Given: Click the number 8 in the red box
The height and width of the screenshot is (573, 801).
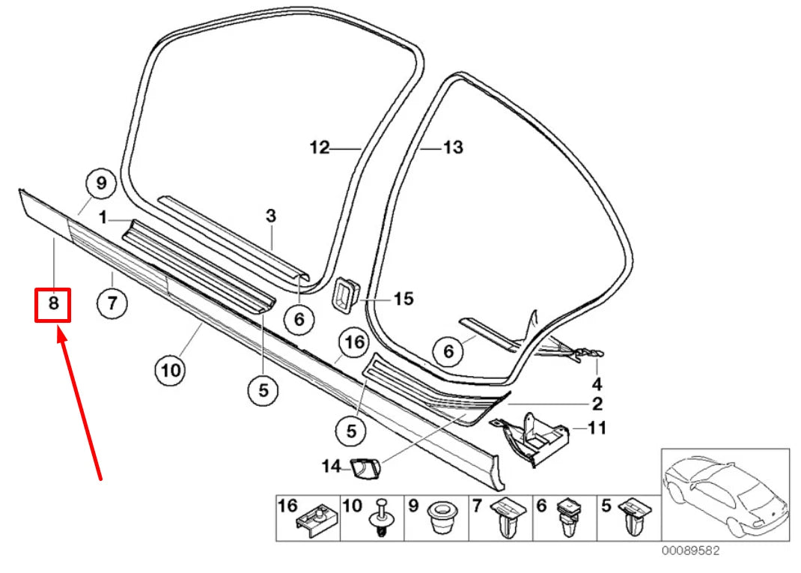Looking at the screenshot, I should (53, 304).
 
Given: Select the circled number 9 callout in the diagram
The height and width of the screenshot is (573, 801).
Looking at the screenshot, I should (101, 183).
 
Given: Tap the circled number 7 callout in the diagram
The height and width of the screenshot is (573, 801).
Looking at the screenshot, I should (112, 303).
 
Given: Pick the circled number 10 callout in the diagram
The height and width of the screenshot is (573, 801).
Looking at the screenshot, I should (170, 369).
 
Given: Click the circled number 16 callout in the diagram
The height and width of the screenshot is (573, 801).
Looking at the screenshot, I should (353, 343).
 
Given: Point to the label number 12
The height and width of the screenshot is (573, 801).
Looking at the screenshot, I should (320, 148).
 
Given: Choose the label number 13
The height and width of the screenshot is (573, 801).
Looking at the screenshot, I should (453, 148).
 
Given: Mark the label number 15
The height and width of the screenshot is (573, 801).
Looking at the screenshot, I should (403, 300).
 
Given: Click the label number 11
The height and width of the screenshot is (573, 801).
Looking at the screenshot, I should (597, 428).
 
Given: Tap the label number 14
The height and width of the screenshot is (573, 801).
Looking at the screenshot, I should (331, 467).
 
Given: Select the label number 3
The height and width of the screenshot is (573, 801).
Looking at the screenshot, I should (271, 216).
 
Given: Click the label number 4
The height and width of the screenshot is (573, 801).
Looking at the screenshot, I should (597, 384).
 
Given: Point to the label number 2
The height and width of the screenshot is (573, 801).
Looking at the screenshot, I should (597, 405).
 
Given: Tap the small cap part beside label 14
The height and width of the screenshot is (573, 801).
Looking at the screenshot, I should (365, 468).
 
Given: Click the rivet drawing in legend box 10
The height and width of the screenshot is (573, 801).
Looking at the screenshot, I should (383, 518).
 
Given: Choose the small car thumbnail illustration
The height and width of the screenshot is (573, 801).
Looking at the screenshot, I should (725, 494).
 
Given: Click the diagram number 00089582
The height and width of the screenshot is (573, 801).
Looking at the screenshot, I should (690, 551).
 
